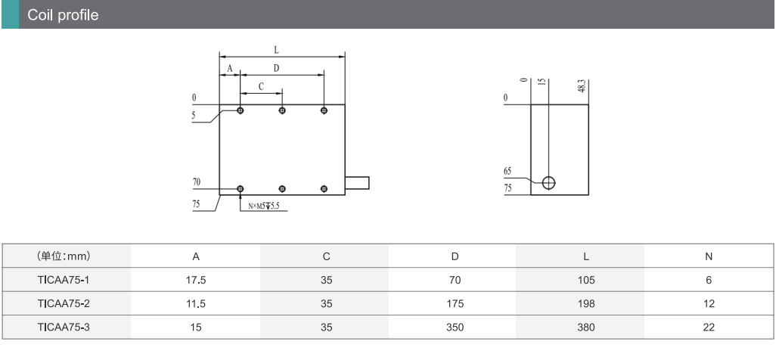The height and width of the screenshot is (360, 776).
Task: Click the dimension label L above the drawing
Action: tap(276, 50)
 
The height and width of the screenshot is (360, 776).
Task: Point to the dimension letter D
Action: tap(276, 68)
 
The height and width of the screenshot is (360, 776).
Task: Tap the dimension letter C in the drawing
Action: tap(261, 86)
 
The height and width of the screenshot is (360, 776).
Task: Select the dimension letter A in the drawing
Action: tap(229, 68)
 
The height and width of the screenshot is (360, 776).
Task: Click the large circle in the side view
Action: tap(549, 182)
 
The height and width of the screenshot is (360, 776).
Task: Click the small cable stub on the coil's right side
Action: tap(357, 182)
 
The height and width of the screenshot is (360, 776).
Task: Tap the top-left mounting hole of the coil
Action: tap(241, 110)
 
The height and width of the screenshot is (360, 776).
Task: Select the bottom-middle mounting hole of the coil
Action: tap(282, 188)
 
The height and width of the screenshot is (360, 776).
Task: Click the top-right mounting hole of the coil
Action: tap(324, 110)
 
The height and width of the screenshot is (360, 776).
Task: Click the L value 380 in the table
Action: tap(585, 327)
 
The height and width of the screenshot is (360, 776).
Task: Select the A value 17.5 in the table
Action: tap(195, 280)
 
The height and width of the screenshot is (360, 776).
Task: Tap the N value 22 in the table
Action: tap(709, 327)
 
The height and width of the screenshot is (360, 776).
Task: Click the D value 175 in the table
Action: tap(455, 304)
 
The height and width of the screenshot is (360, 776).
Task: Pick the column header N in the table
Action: tap(709, 256)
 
